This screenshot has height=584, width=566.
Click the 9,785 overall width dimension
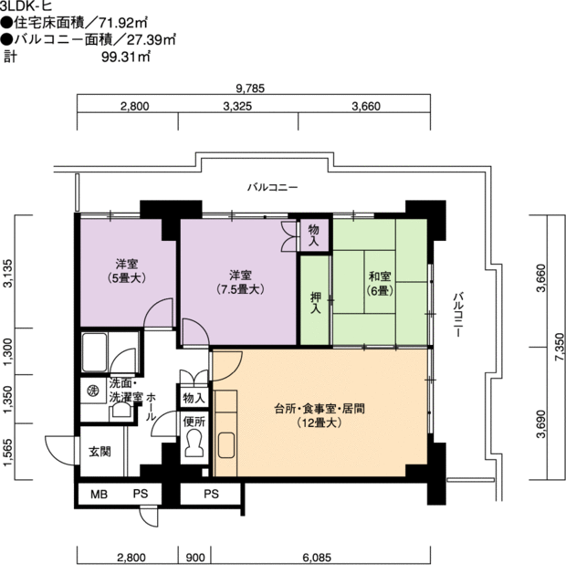[x=250, y=89]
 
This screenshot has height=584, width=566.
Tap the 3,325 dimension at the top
[x=237, y=107]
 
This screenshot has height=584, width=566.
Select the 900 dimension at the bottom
[x=195, y=558]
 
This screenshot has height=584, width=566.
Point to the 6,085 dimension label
[x=317, y=558]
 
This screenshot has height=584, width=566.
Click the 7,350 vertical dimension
[x=560, y=347]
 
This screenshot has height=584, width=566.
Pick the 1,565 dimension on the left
[x=8, y=452]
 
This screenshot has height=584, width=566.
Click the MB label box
[x=100, y=495]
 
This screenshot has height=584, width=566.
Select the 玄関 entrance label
[x=100, y=452]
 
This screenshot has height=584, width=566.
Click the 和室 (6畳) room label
[x=380, y=283]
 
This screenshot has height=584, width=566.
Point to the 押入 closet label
[x=316, y=302]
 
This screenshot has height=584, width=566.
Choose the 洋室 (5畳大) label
[x=126, y=271]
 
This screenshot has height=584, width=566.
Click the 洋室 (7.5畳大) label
[x=240, y=282]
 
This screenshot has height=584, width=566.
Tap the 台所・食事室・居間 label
[x=320, y=409]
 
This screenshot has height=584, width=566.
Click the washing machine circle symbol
[x=91, y=391]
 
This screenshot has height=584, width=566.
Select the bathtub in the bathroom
[x=95, y=352]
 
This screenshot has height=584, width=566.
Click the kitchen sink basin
[x=226, y=445]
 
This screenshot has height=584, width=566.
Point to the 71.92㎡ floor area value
[x=123, y=23]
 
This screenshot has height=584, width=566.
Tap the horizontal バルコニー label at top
[x=273, y=187]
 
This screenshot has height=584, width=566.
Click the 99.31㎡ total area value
[x=126, y=57]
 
